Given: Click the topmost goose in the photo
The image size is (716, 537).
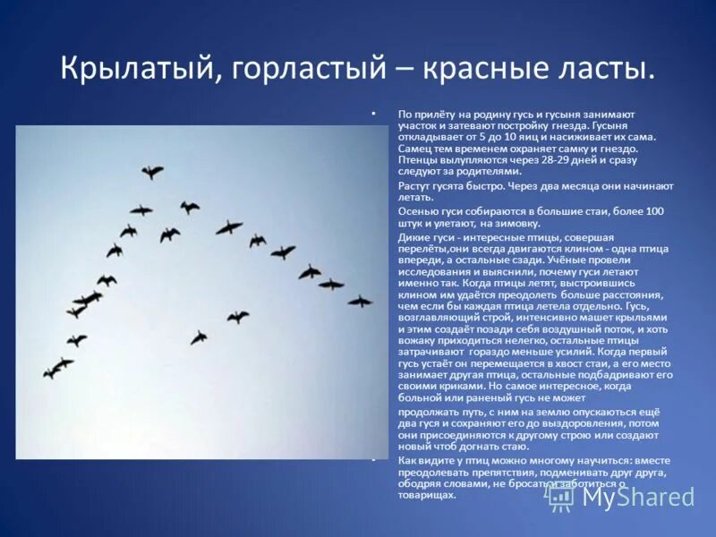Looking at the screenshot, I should tap(152, 171).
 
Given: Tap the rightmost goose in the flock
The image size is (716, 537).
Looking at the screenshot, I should tap(360, 302).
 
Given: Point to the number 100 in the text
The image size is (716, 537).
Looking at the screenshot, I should tap(654, 211).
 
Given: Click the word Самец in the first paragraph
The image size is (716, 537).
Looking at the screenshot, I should tap(415, 149).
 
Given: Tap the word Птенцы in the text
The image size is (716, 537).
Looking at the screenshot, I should tap(418, 159).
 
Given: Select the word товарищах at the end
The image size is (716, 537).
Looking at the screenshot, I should tap(428, 495).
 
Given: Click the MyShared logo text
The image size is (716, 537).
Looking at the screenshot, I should tap(636, 497).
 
